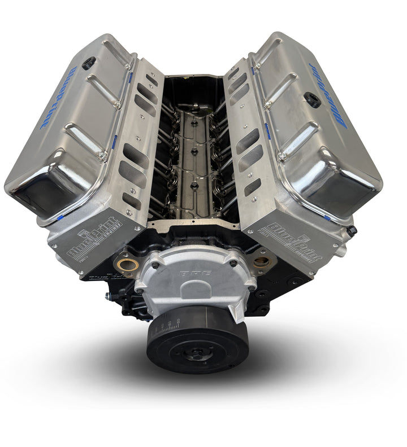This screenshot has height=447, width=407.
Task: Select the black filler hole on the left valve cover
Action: click(x=89, y=62)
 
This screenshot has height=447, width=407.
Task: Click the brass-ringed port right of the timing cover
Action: click(x=261, y=262)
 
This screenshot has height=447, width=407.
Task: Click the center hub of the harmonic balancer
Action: click(x=196, y=353)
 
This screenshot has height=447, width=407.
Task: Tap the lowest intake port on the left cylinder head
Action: click(x=132, y=200)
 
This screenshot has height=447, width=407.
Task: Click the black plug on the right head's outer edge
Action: click(x=352, y=231)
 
